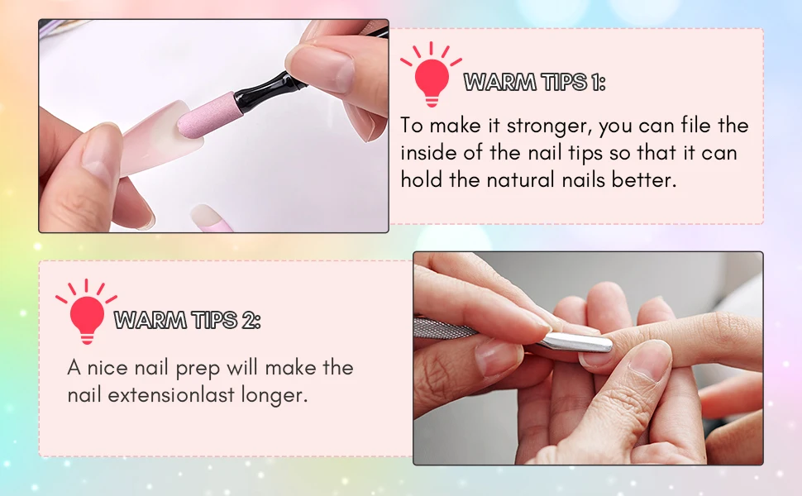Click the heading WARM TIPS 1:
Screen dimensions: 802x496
click(x=534, y=83)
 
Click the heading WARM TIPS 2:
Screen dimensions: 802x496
click(x=187, y=320)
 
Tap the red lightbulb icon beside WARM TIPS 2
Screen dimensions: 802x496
click(x=87, y=312)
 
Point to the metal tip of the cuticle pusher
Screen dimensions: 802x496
click(x=577, y=341)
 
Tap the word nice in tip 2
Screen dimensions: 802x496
click(x=107, y=368)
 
